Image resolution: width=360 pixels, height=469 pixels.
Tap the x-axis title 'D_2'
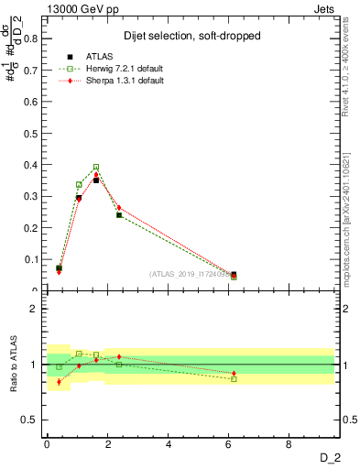(335, 458)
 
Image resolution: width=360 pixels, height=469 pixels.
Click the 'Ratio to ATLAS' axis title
(14, 365)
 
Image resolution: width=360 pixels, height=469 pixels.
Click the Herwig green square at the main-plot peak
(96, 168)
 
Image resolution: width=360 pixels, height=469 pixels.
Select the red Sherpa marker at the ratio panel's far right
(234, 374)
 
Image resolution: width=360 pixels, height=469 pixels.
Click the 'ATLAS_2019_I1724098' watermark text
(191, 273)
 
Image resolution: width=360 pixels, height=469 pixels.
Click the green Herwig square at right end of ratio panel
(234, 378)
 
